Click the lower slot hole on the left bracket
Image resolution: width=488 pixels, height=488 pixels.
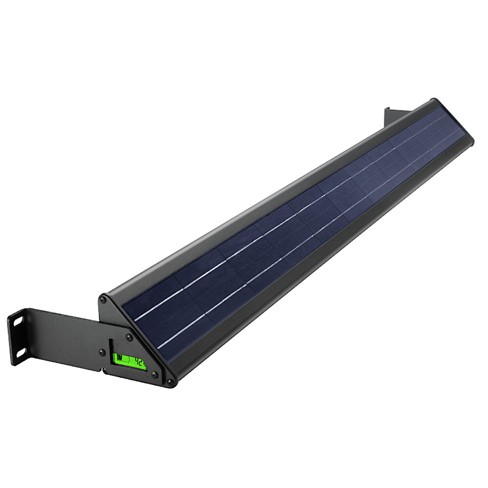click(x=20, y=351)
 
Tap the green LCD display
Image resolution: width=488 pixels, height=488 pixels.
click(x=130, y=362)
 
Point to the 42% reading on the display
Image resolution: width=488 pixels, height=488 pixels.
click(x=141, y=362)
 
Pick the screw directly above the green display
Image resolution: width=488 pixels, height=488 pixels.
click(x=129, y=337)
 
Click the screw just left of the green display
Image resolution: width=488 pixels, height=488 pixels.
click(x=102, y=352)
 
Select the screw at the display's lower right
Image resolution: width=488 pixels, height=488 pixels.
click(x=154, y=375)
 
